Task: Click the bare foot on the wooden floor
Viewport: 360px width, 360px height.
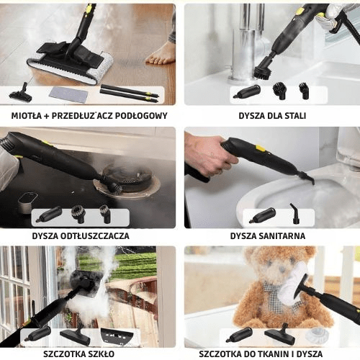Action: point(161,54)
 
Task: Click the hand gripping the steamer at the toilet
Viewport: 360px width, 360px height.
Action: point(209,156)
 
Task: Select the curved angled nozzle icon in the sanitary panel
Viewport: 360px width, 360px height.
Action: point(295,214)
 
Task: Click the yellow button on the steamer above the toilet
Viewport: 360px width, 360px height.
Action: point(261,148)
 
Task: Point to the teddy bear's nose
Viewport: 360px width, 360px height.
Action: point(282,269)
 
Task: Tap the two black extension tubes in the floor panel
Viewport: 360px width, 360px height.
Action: point(130,94)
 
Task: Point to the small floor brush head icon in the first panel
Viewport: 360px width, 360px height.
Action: point(21,93)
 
